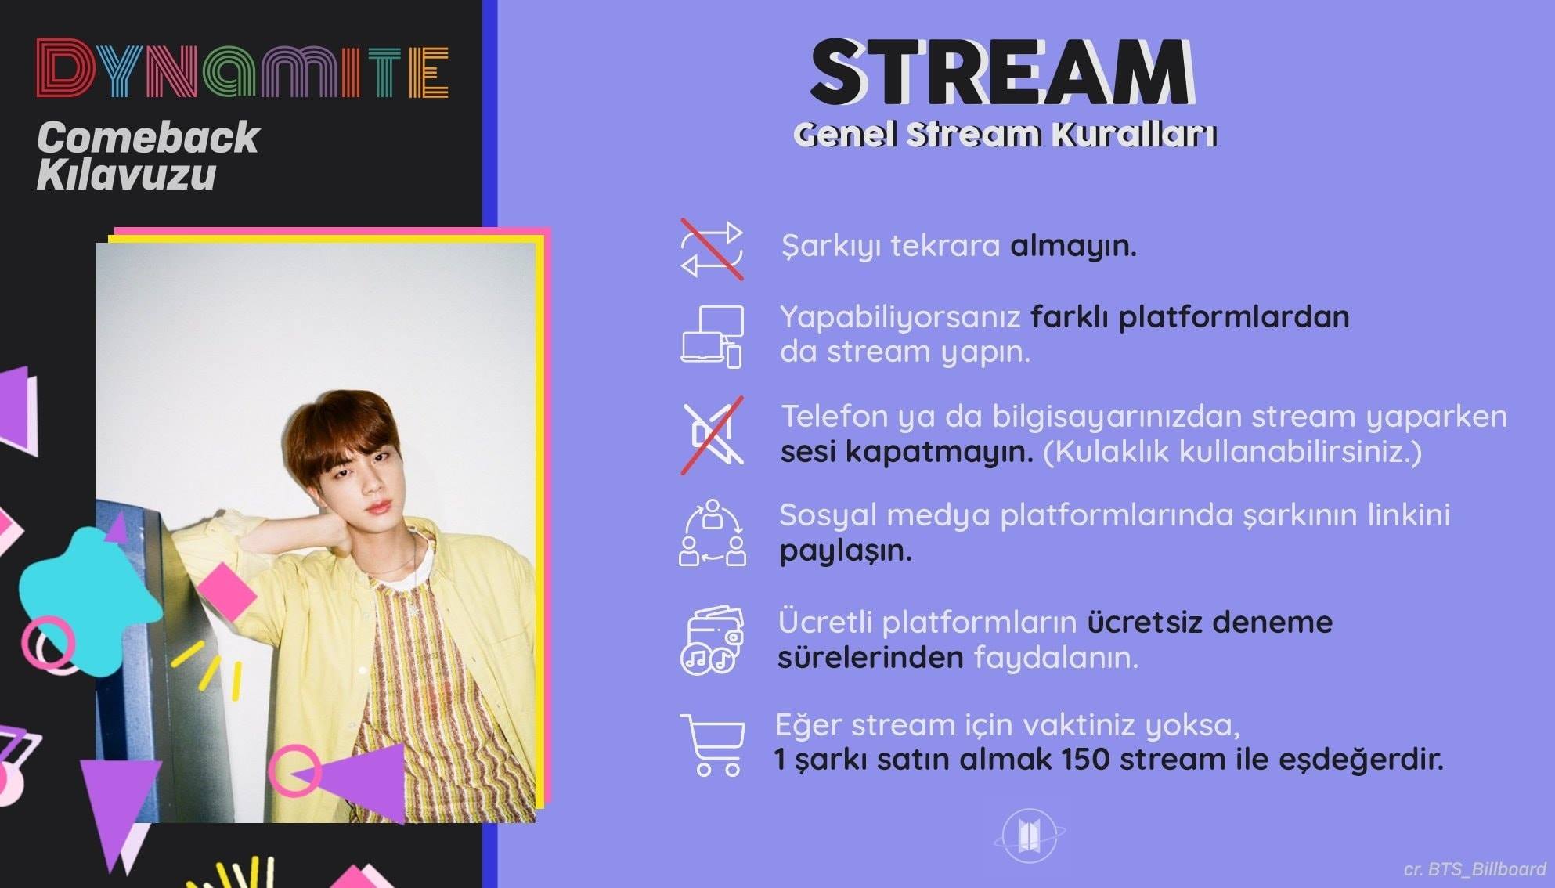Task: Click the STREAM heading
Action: [1002, 72]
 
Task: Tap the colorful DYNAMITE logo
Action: [243, 70]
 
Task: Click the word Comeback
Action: [148, 138]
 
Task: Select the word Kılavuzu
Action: [126, 174]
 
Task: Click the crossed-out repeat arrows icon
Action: [712, 249]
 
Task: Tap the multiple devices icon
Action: [712, 337]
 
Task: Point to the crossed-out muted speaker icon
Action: [712, 435]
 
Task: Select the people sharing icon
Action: [712, 533]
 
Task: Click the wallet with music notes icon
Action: [712, 640]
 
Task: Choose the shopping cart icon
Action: [712, 745]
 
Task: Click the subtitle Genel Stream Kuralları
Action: [1005, 135]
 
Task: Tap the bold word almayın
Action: [1073, 247]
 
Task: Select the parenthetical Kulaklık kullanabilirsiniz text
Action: [1232, 452]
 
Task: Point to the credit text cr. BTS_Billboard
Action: [1474, 869]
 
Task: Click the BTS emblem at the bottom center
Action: [1029, 836]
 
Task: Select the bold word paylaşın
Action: [846, 551]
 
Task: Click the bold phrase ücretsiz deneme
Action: [1210, 623]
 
